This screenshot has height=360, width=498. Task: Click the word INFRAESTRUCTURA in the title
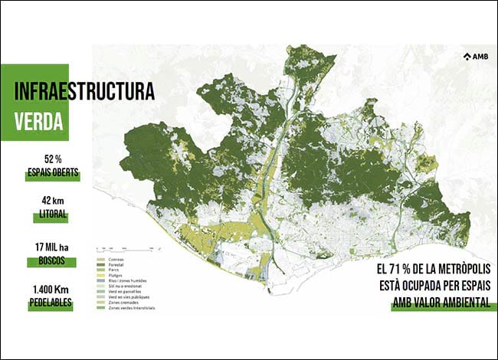point(84,91)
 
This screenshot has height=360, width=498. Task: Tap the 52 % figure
point(52,159)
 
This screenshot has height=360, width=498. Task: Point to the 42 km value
point(52,201)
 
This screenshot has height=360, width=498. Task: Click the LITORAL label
point(52,215)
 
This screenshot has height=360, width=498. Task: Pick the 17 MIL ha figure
point(52,247)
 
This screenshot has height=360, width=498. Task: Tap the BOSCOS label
point(52,260)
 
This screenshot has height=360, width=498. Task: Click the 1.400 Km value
point(52,290)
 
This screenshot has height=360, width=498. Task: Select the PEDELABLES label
point(52,303)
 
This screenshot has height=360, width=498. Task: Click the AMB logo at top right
point(475,56)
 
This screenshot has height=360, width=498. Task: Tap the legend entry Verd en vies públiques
point(121,296)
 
